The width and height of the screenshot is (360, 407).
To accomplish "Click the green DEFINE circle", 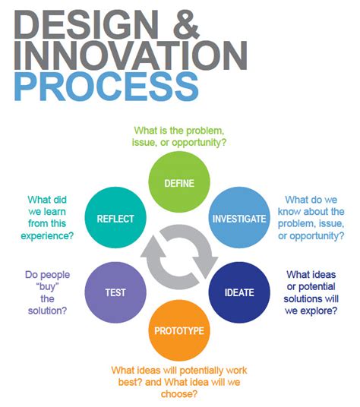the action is tap(179, 182).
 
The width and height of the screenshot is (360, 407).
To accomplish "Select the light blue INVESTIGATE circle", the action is tap(239, 217).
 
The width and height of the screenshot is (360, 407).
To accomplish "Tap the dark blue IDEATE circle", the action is tap(239, 292).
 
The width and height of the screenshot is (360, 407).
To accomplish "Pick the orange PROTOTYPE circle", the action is tap(179, 330).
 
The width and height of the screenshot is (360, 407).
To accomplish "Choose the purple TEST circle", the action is tap(115, 292).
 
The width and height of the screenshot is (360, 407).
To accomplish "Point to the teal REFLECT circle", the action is tap(115, 217).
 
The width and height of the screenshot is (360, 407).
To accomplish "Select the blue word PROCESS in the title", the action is tap(106, 87).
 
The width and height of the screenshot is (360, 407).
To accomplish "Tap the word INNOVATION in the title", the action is tap(131, 55).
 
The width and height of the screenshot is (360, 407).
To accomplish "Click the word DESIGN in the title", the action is tap(87, 24).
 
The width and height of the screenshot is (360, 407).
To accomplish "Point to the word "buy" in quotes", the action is tap(47, 286).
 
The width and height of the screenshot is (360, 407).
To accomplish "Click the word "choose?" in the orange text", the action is tap(179, 394).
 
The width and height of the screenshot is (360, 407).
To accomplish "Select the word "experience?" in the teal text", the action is tap(47, 235).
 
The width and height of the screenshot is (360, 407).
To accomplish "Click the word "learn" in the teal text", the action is tap(55, 212).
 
